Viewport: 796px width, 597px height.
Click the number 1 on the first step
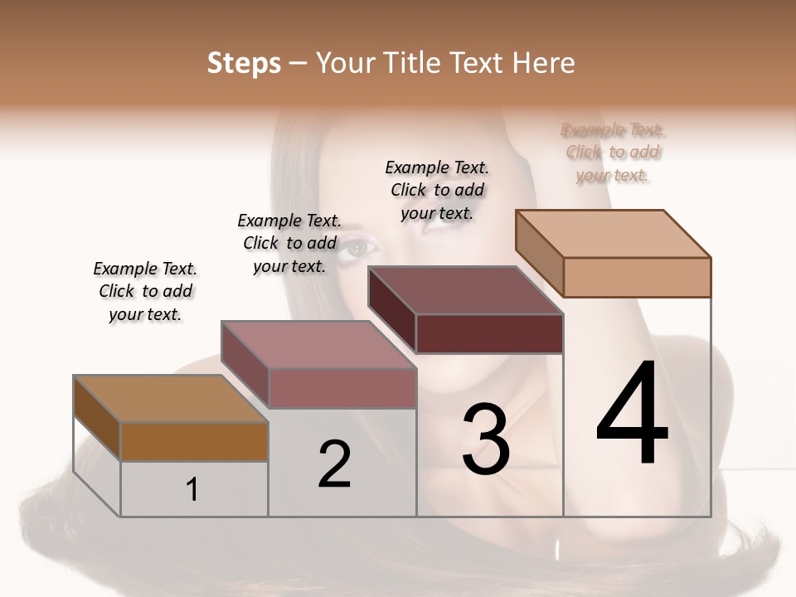click(192, 489)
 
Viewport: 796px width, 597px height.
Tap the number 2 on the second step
click(334, 464)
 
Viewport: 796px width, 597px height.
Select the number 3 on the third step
click(485, 439)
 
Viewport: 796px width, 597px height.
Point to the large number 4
click(632, 414)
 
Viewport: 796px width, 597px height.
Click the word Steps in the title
click(244, 63)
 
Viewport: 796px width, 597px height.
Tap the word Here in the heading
click(545, 63)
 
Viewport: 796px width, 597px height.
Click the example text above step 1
click(145, 291)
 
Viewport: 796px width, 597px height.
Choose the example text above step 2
click(289, 243)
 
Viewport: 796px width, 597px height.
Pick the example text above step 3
click(437, 190)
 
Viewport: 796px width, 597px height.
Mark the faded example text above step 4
click(613, 153)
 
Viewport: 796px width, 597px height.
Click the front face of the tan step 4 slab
click(637, 277)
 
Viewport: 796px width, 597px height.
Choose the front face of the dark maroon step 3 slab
click(489, 333)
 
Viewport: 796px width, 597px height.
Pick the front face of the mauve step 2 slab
click(342, 388)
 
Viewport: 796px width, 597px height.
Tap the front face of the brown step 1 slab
click(194, 441)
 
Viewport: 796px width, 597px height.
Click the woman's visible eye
click(359, 246)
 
